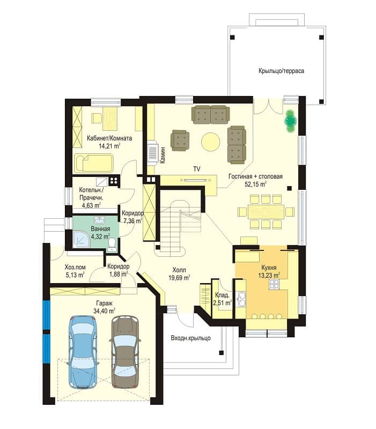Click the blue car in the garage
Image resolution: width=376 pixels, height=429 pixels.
click(84, 352)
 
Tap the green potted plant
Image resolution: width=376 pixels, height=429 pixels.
click(290, 121)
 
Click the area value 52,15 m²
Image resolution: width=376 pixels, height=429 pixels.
click(256, 184)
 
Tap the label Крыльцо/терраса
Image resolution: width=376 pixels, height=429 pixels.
click(281, 71)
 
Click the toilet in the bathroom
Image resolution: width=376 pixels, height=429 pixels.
click(112, 245)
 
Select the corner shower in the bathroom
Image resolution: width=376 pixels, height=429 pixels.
click(81, 239)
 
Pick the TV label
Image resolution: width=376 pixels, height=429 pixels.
click(196, 169)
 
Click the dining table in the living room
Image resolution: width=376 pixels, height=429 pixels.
click(266, 211)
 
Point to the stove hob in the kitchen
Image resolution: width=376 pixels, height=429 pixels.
click(274, 285)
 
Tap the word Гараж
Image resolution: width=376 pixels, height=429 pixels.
click(104, 303)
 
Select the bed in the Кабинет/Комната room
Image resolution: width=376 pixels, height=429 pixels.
click(93, 163)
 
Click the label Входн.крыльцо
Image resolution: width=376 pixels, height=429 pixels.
click(191, 338)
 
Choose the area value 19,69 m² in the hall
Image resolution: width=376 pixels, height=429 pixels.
click(179, 278)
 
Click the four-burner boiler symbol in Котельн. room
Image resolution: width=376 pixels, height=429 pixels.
click(114, 181)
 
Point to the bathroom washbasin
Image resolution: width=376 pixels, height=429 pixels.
click(99, 220)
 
